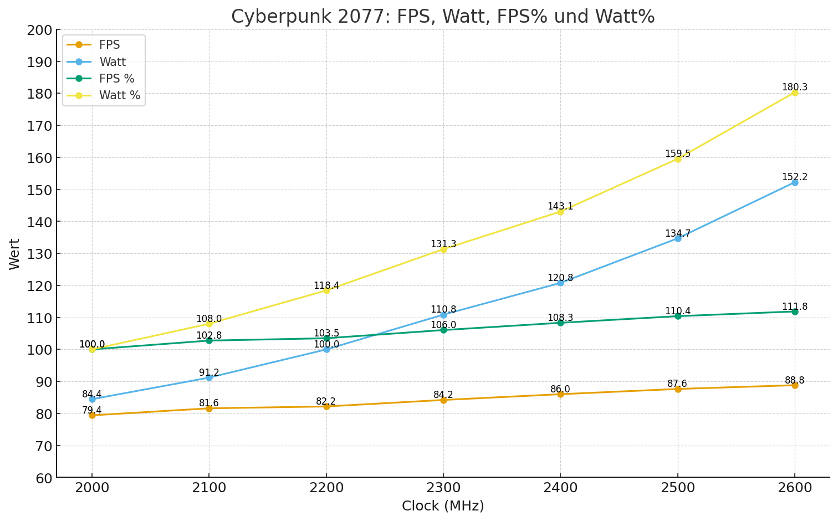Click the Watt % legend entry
point(119,96)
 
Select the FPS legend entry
point(109,45)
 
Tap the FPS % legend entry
point(116,79)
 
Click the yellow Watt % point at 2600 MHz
point(795,93)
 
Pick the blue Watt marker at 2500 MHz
point(678,238)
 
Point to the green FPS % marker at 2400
point(560,323)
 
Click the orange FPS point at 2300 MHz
point(443,400)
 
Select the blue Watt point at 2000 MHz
point(92,399)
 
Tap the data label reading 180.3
point(795,88)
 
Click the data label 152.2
point(795,177)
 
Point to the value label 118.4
point(326,286)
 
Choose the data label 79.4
point(92,411)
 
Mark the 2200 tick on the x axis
point(326,488)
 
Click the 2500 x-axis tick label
point(678,488)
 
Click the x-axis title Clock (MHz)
point(443,506)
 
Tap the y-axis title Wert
point(15,254)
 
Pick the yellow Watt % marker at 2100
point(209,324)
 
